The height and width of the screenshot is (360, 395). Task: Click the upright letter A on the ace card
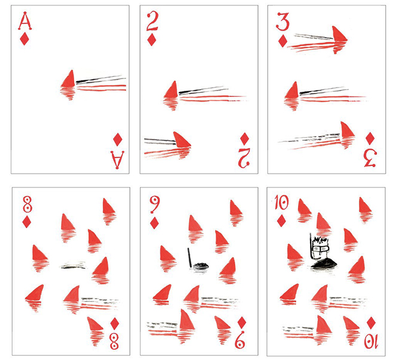pyautogui.click(x=25, y=21)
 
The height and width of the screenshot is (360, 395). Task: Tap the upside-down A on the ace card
pyautogui.click(x=117, y=159)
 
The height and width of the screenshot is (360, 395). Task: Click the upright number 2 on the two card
pyautogui.click(x=152, y=22)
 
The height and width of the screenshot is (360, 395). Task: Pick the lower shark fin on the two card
pyautogui.click(x=182, y=140)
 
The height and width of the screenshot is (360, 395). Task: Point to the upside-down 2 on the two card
pyautogui.click(x=244, y=158)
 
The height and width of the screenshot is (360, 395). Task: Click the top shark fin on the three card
pyautogui.click(x=339, y=34)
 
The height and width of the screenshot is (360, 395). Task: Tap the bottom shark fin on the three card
pyautogui.click(x=347, y=130)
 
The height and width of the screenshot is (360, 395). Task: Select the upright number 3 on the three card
pyautogui.click(x=282, y=22)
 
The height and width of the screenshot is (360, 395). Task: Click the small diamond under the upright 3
pyautogui.click(x=282, y=41)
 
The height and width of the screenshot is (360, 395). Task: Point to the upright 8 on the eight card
pyautogui.click(x=27, y=204)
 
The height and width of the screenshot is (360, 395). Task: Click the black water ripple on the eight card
pyautogui.click(x=73, y=266)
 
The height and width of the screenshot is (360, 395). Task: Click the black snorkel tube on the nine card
pyautogui.click(x=190, y=258)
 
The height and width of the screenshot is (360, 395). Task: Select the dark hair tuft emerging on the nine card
pyautogui.click(x=200, y=265)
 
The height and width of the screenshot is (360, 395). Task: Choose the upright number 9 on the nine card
pyautogui.click(x=154, y=205)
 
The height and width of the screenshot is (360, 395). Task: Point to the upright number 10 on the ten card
pyautogui.click(x=282, y=203)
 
